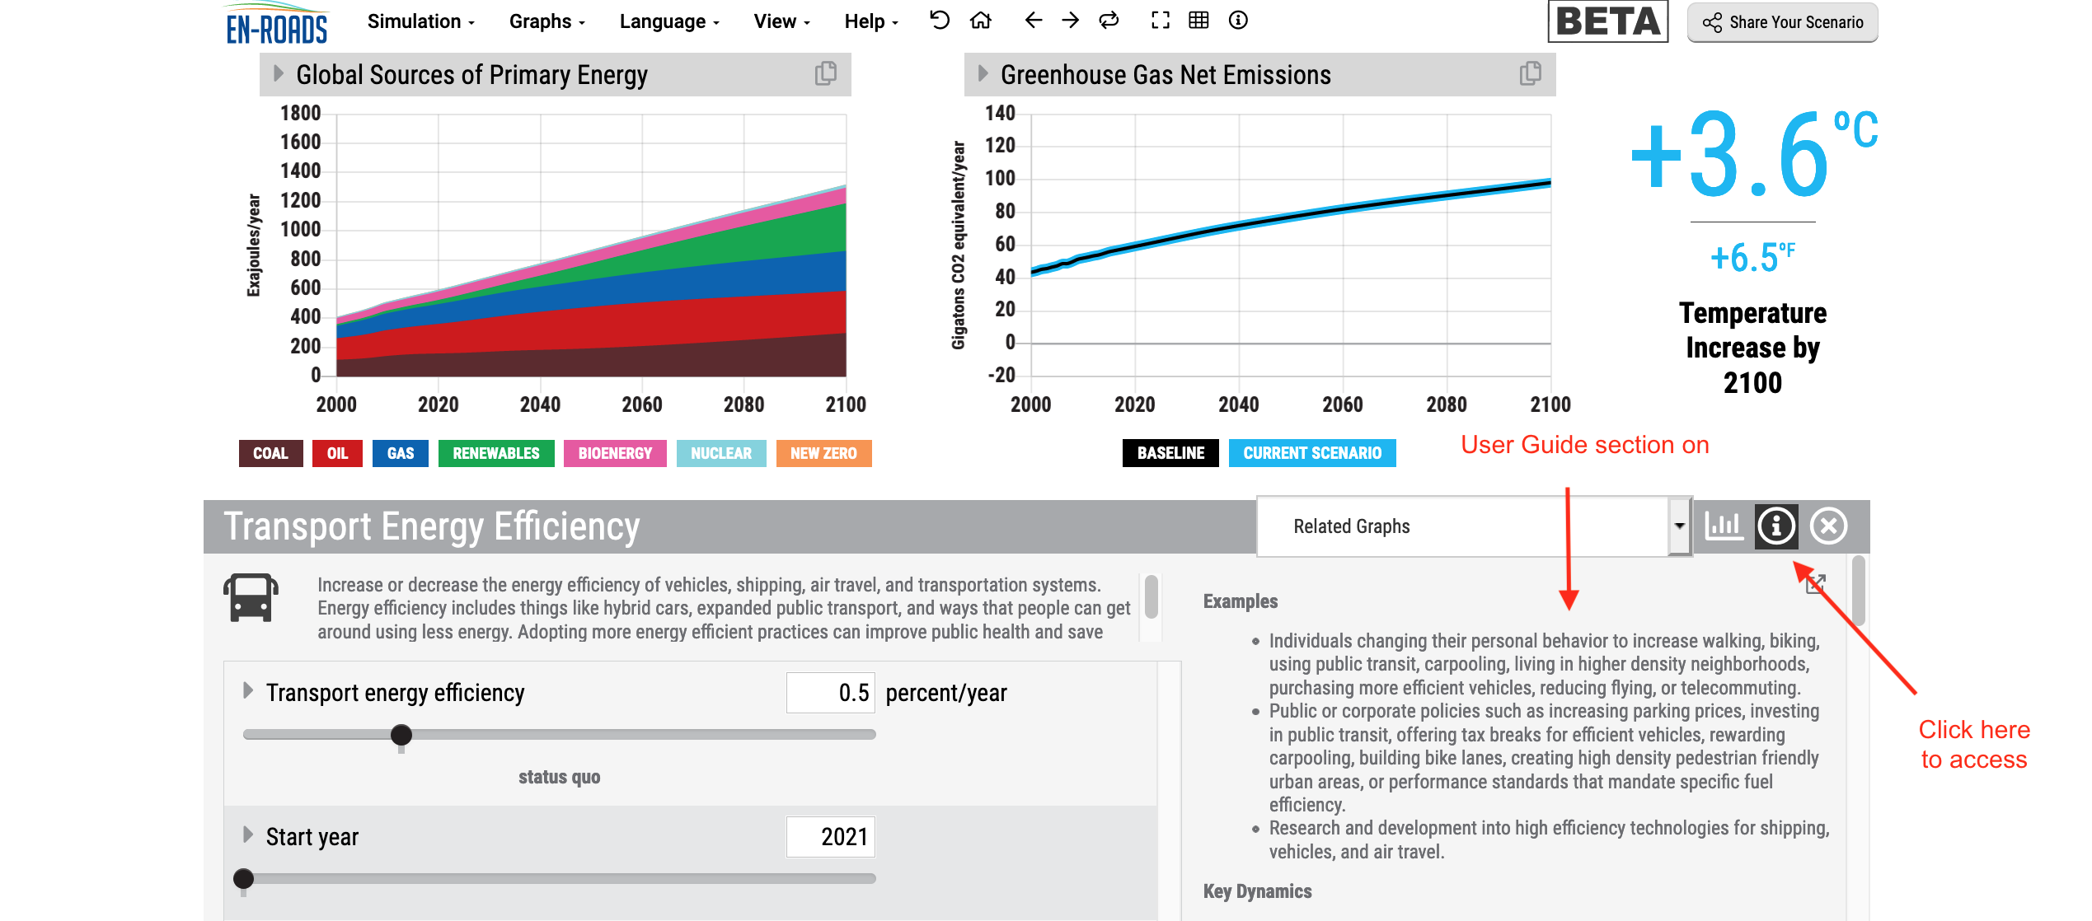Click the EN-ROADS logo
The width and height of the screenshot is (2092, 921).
coord(277,25)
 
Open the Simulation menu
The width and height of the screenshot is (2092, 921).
coord(420,21)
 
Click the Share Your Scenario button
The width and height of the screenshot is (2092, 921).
coord(1782,22)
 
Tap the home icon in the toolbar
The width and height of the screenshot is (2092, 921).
coord(980,21)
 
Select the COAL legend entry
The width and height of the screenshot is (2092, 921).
coord(270,453)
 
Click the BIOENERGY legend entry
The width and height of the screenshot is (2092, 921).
coord(615,453)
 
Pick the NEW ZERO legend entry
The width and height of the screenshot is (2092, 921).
coord(823,453)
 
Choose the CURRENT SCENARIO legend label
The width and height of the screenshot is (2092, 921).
coord(1312,453)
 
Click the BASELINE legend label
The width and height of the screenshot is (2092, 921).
coord(1170,453)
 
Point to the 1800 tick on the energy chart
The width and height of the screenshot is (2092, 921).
coord(300,113)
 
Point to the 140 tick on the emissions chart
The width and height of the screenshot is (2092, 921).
coord(1000,113)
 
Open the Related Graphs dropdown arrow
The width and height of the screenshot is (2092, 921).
coord(1679,526)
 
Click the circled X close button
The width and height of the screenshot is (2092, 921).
coord(1828,526)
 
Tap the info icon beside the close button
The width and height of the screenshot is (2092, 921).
coord(1776,526)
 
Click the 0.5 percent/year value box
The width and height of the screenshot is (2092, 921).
coord(831,693)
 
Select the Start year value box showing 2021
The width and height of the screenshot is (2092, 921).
coord(831,837)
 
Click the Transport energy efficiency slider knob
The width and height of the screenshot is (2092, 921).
coord(401,735)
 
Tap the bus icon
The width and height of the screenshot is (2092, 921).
coord(251,597)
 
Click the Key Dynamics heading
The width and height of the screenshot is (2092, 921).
coord(1257,891)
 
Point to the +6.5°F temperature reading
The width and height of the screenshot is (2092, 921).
coord(1752,258)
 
